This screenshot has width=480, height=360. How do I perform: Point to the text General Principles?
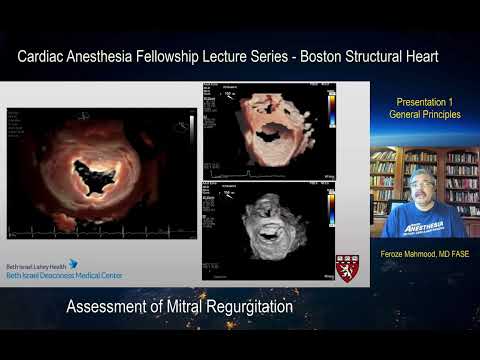click(424, 115)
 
